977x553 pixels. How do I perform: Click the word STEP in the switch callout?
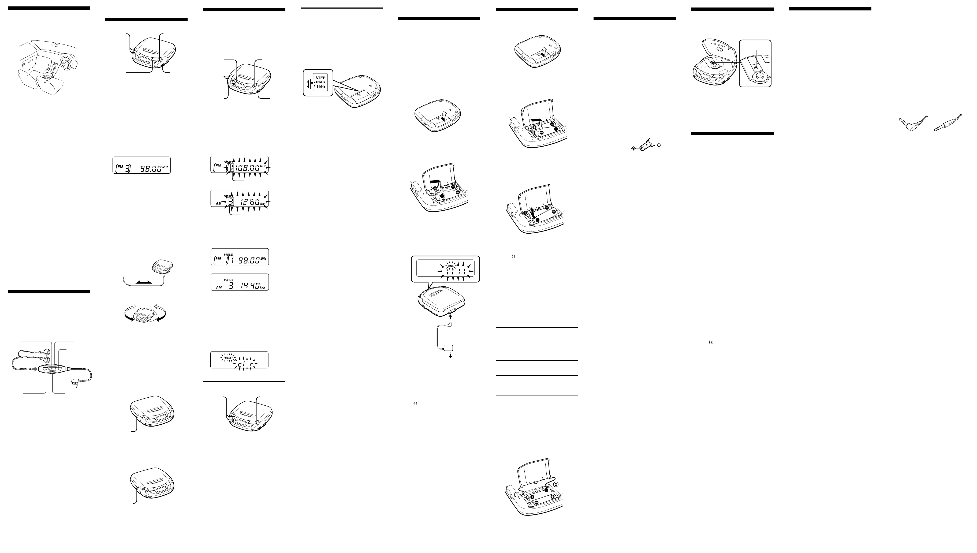tap(320, 78)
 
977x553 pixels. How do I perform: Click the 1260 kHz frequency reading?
tap(249, 202)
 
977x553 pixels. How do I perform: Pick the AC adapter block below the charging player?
tap(450, 348)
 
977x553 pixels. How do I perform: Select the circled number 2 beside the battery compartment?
tap(556, 484)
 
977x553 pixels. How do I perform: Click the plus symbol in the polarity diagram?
tap(633, 148)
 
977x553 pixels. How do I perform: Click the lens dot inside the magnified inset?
tap(756, 67)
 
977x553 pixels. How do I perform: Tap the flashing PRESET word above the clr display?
tap(228, 358)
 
